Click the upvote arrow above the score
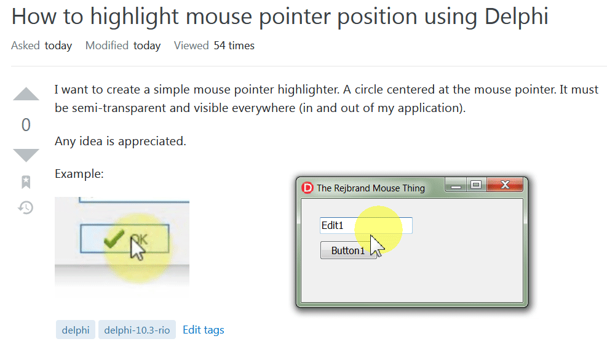click(x=26, y=95)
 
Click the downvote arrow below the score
click(x=26, y=154)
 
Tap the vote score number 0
click(x=26, y=125)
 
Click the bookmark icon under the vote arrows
click(x=26, y=182)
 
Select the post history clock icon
click(x=26, y=207)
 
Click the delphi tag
click(x=76, y=330)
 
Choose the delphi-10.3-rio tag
click(x=137, y=330)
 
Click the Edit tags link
click(x=204, y=330)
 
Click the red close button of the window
click(x=505, y=185)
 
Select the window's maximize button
click(x=475, y=185)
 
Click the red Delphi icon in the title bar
click(x=307, y=188)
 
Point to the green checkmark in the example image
click(x=114, y=238)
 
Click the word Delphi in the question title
click(x=516, y=16)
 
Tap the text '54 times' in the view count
click(x=234, y=46)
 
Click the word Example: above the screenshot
click(x=79, y=174)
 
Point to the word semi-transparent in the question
click(x=123, y=109)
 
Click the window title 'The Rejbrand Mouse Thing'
click(x=370, y=188)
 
